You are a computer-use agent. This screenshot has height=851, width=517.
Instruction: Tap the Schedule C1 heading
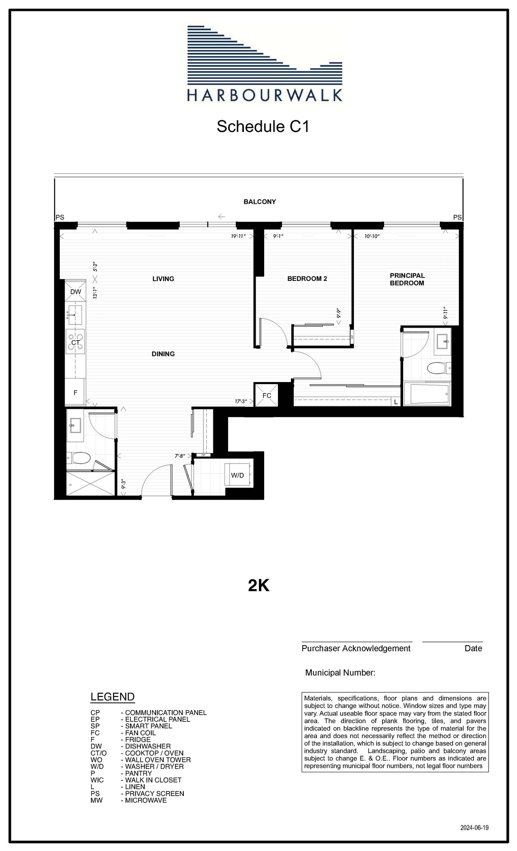coord(263,126)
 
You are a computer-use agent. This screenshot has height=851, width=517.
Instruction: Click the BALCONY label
coord(260,202)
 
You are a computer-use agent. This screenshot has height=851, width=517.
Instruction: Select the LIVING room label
coord(163,279)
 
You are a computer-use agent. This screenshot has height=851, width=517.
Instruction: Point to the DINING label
coord(163,354)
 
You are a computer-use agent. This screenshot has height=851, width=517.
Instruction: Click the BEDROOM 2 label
coord(307,279)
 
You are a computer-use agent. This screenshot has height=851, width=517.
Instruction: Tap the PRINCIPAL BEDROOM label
coord(407,279)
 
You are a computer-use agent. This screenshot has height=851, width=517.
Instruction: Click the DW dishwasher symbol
coord(76,292)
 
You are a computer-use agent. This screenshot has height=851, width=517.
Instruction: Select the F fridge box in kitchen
coord(75,392)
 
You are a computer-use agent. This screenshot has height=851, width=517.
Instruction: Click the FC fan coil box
coord(267,395)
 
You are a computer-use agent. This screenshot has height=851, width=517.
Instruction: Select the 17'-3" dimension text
coord(241,401)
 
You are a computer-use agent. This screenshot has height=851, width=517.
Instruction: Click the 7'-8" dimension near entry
coord(179,456)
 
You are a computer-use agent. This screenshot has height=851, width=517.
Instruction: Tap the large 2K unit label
coord(258,586)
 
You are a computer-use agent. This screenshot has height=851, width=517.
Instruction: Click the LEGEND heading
coord(112,697)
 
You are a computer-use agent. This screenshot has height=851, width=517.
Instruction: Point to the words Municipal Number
coord(340,673)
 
